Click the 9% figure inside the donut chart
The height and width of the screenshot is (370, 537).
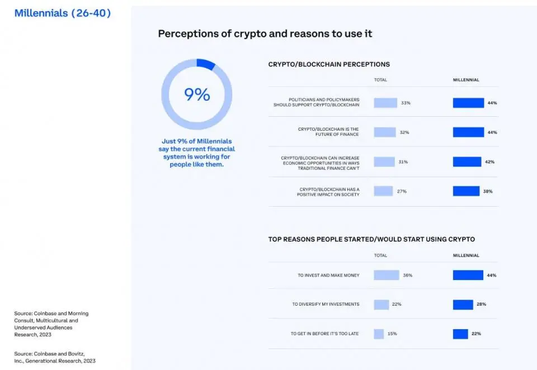[197, 94]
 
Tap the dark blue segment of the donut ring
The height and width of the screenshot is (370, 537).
[206, 64]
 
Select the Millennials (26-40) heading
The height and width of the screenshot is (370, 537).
[63, 13]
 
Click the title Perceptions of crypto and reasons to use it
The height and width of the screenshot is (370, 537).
[265, 34]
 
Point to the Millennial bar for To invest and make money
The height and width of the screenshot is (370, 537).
[468, 275]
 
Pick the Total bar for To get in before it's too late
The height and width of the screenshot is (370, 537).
[379, 334]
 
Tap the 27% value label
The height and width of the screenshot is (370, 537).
[402, 191]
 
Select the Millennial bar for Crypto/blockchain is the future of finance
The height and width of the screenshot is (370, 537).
[468, 132]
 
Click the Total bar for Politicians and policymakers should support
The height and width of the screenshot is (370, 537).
[385, 103]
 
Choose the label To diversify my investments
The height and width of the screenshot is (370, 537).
[326, 304]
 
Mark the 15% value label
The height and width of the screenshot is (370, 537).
[392, 334]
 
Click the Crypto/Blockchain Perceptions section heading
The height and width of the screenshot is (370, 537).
[329, 64]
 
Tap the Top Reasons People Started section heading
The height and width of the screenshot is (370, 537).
[371, 239]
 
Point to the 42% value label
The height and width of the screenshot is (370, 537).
[490, 162]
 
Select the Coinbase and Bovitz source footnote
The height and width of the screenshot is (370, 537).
[55, 357]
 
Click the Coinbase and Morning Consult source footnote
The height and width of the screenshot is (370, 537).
[51, 324]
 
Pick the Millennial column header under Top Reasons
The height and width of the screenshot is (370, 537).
[465, 255]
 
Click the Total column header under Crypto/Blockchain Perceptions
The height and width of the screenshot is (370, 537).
[380, 80]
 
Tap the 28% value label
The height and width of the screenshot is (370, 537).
[481, 304]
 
